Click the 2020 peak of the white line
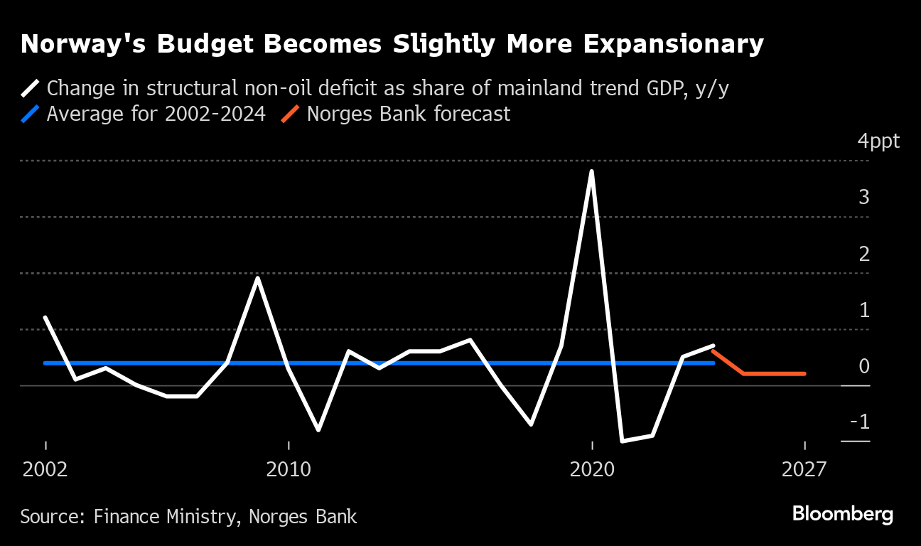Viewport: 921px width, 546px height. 592,171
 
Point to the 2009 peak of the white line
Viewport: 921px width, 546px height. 258,278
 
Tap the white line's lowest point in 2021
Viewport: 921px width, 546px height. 623,441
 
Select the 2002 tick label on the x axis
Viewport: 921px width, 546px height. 45,469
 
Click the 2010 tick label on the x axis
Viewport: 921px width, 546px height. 289,469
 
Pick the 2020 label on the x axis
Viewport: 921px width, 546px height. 592,469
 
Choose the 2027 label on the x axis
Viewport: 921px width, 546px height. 804,469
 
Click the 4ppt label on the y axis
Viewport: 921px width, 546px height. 878,141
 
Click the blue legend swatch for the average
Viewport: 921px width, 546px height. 31,114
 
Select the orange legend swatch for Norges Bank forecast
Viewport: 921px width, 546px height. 291,114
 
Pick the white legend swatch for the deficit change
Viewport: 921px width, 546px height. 31,88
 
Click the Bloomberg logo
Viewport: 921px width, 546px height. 843,513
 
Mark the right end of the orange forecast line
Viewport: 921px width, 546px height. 804,373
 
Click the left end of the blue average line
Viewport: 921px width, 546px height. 45,363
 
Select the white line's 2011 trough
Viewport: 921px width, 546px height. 318,430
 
